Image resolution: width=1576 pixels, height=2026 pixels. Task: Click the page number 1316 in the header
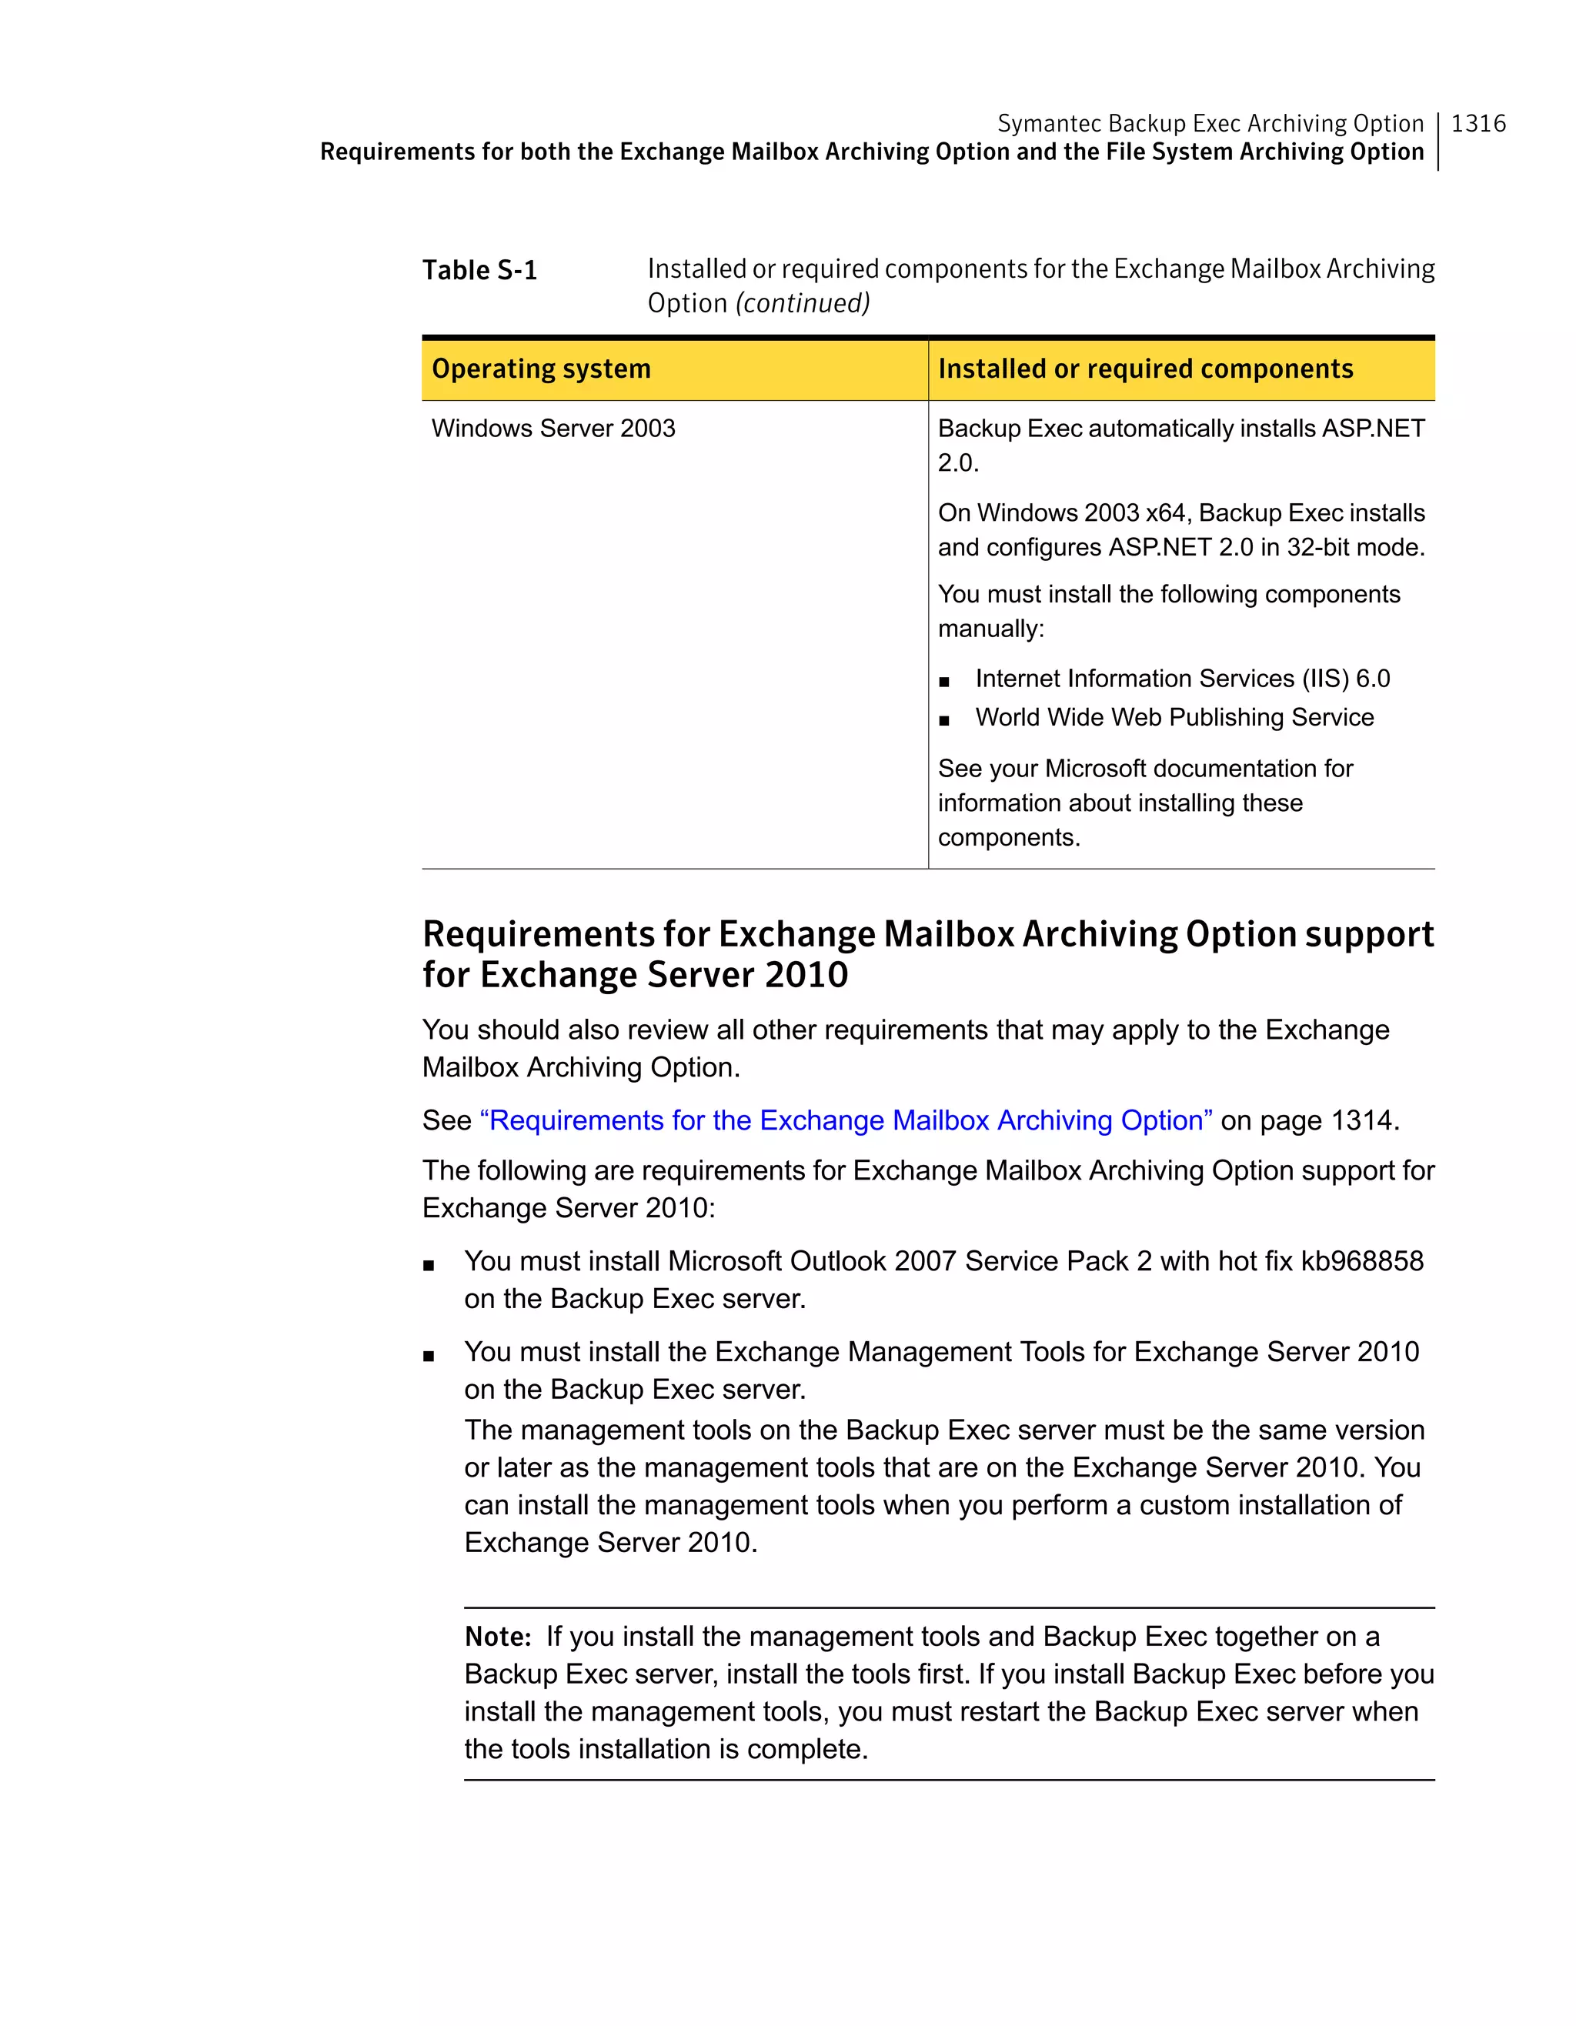(x=1477, y=123)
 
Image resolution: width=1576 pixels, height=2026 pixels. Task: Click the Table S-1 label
(x=479, y=270)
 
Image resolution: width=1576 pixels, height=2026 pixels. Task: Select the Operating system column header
(x=541, y=369)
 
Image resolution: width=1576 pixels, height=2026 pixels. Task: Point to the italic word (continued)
(x=803, y=303)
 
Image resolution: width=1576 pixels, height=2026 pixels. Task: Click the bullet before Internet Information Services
(x=944, y=682)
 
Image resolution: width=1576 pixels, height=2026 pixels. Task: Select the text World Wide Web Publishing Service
(x=1174, y=717)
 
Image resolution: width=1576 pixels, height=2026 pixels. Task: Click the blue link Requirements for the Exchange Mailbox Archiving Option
(x=846, y=1120)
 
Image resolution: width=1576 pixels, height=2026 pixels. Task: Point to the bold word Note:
(x=498, y=1637)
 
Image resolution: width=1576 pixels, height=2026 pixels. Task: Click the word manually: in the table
(x=990, y=629)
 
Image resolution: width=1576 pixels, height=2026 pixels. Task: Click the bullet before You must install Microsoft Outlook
(x=429, y=1264)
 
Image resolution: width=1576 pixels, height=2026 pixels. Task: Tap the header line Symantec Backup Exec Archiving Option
(x=1210, y=123)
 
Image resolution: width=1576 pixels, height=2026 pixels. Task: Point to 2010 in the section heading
(x=806, y=975)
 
